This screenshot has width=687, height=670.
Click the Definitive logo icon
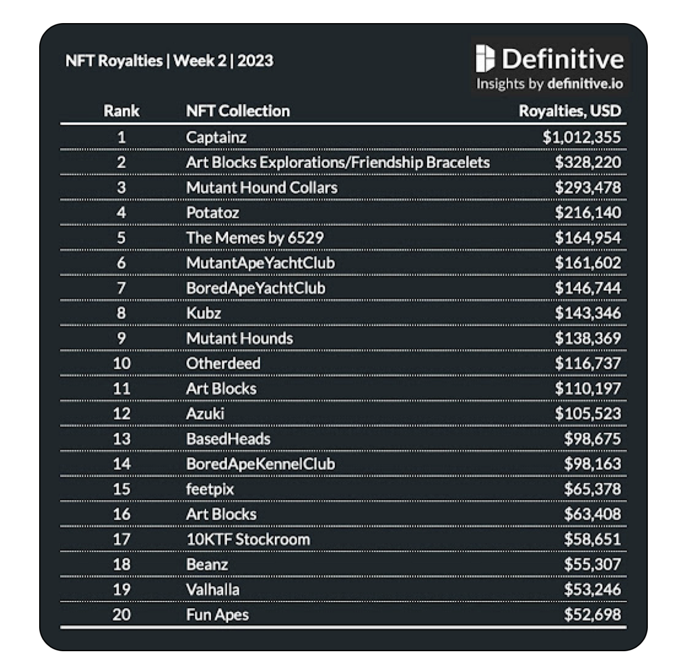[x=484, y=59]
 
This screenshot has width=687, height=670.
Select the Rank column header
[x=121, y=111]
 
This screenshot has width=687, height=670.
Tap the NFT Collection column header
[x=238, y=111]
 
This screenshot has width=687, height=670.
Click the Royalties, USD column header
[x=569, y=111]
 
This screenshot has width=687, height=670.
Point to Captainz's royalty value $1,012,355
[x=581, y=137]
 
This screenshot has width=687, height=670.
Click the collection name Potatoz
[x=213, y=213]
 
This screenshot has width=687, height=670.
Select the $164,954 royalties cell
[x=588, y=238]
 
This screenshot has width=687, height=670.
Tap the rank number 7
[x=121, y=288]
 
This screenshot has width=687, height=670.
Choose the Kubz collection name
[x=203, y=313]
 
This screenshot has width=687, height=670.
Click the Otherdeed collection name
[x=223, y=363]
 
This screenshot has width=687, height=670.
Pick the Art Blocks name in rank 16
[x=221, y=514]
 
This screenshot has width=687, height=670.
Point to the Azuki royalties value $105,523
[x=588, y=414]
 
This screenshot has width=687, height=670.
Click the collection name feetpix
[x=210, y=489]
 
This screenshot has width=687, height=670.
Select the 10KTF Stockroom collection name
[x=248, y=540]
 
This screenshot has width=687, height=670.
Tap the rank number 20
[x=121, y=615]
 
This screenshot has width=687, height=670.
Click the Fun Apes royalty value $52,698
[x=592, y=615]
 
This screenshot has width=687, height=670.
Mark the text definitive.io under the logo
[x=586, y=84]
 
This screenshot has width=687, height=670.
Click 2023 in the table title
[x=255, y=61]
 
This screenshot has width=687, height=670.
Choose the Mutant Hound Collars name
[x=262, y=188]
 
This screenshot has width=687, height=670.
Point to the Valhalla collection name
[x=213, y=589]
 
